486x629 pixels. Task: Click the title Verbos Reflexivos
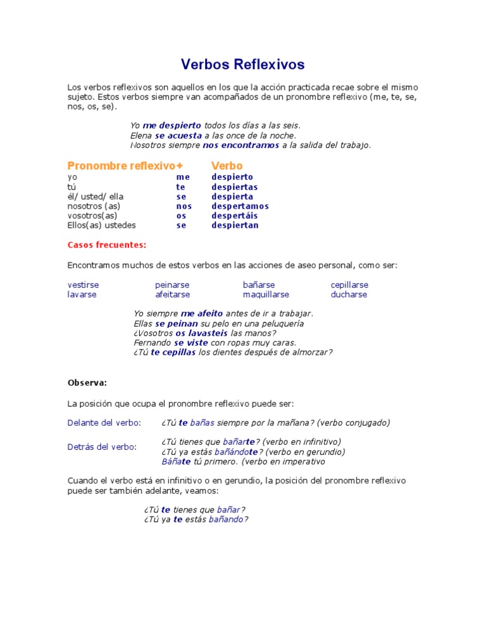point(242,65)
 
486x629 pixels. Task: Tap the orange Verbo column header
point(227,166)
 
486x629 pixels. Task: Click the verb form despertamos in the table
point(240,206)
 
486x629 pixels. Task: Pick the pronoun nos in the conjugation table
point(184,206)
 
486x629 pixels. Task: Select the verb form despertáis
point(234,216)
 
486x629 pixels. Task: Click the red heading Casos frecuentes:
point(106,244)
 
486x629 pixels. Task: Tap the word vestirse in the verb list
point(83,285)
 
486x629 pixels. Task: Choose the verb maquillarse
point(266,295)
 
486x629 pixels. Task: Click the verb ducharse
point(348,295)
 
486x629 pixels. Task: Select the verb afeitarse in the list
point(172,295)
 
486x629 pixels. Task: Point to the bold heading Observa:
point(87,383)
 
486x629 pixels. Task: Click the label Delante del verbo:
point(104,423)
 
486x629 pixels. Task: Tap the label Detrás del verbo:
point(101,447)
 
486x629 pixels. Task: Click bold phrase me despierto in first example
point(171,126)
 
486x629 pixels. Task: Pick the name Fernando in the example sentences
point(153,342)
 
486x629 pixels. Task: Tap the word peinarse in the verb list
point(172,285)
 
